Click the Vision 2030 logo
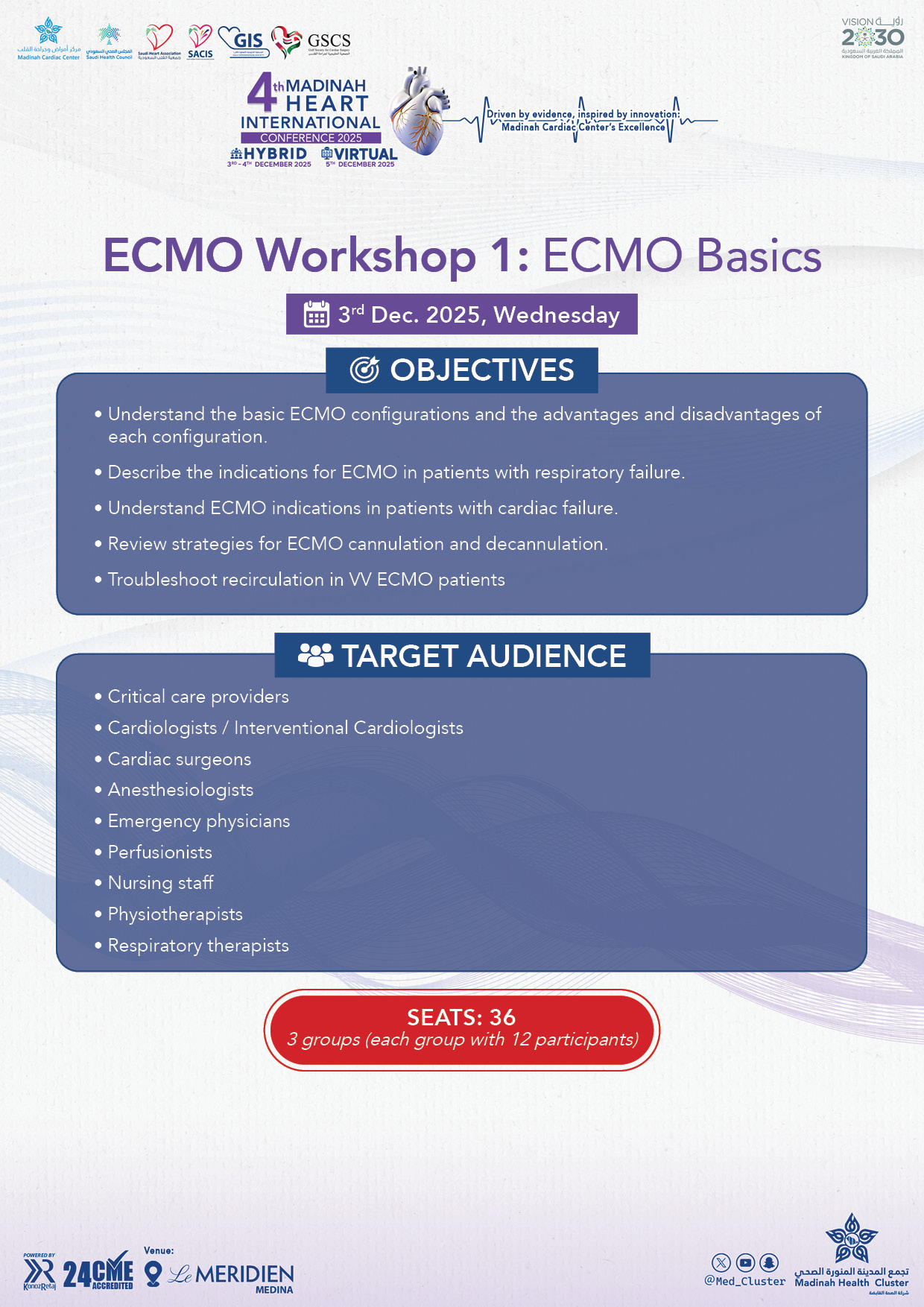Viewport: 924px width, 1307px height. (x=873, y=37)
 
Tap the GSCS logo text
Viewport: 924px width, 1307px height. (x=329, y=40)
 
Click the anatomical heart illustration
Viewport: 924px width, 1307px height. (x=419, y=112)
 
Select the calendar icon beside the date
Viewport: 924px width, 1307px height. (x=316, y=314)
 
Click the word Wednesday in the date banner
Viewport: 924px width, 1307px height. (x=557, y=314)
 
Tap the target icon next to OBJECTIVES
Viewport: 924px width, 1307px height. (x=364, y=370)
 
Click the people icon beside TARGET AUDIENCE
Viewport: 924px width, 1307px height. (x=315, y=656)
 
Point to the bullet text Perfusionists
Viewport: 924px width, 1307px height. (x=159, y=852)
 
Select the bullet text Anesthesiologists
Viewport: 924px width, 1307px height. (x=180, y=789)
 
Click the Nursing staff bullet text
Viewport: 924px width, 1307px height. (x=160, y=883)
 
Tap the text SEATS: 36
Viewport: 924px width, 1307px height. (x=461, y=1017)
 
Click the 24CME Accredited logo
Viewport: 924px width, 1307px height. (x=98, y=1274)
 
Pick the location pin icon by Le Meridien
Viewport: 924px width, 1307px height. (x=153, y=1273)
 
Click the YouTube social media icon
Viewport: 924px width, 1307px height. (x=745, y=1262)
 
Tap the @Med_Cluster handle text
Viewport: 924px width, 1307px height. (x=744, y=1282)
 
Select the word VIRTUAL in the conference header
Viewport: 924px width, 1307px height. (x=365, y=154)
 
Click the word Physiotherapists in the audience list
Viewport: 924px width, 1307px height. (x=175, y=914)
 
